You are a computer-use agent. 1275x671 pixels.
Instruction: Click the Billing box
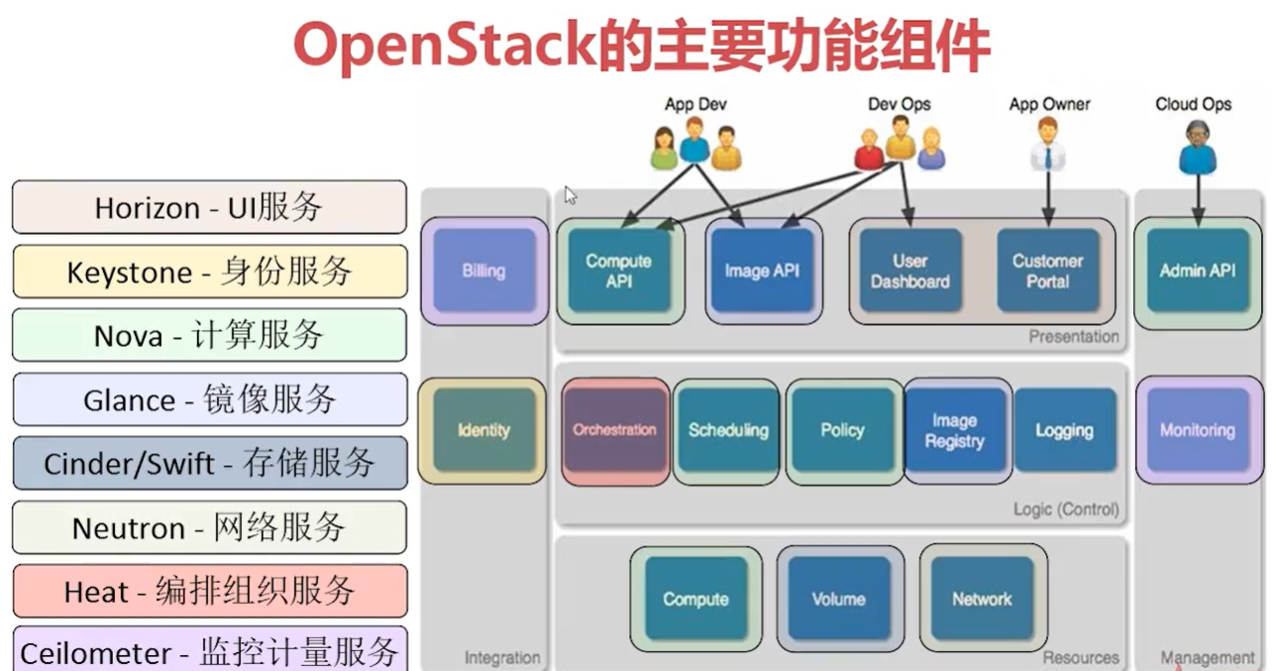pyautogui.click(x=483, y=271)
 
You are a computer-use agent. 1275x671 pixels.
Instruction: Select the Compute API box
pyautogui.click(x=618, y=271)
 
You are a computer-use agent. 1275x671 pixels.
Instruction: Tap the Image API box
pyautogui.click(x=762, y=271)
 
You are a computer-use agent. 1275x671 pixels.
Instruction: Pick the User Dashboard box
pyautogui.click(x=909, y=271)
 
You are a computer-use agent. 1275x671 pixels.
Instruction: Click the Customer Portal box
pyautogui.click(x=1047, y=271)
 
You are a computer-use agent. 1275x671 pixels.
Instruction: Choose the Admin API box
pyautogui.click(x=1197, y=271)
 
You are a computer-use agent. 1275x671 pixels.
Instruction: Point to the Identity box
pyautogui.click(x=483, y=430)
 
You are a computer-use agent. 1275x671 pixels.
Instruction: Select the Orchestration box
pyautogui.click(x=614, y=430)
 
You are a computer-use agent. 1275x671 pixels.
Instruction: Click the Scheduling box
pyautogui.click(x=728, y=430)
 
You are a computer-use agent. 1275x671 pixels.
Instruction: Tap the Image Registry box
pyautogui.click(x=954, y=430)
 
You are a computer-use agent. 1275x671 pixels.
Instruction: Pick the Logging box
pyautogui.click(x=1064, y=430)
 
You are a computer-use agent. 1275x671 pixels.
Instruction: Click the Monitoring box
pyautogui.click(x=1197, y=430)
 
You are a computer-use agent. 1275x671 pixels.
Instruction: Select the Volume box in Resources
pyautogui.click(x=838, y=599)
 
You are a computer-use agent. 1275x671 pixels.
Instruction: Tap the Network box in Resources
pyautogui.click(x=981, y=599)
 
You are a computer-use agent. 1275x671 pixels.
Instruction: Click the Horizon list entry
pyautogui.click(x=209, y=207)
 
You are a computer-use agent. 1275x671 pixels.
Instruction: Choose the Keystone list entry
pyautogui.click(x=209, y=272)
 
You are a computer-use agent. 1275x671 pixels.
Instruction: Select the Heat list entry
pyautogui.click(x=209, y=592)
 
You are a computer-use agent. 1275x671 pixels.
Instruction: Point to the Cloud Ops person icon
pyautogui.click(x=1197, y=149)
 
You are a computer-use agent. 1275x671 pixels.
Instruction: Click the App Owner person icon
pyautogui.click(x=1048, y=149)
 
